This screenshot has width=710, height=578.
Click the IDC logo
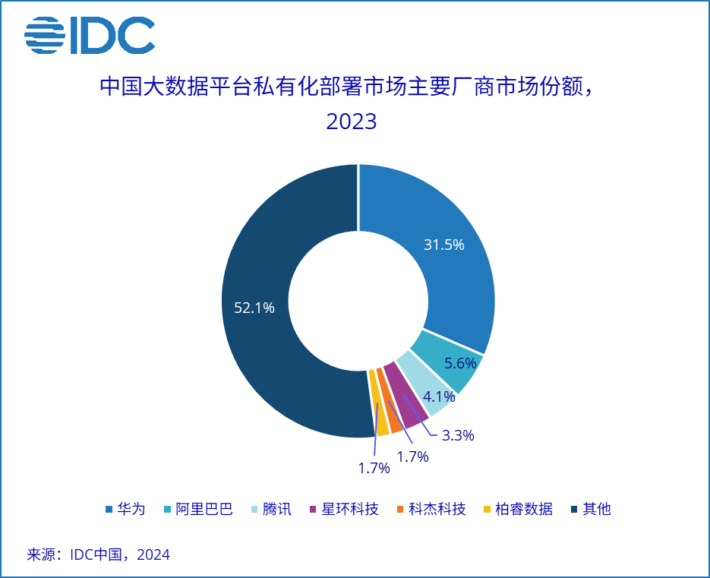[90, 35]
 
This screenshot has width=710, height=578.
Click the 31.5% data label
[444, 245]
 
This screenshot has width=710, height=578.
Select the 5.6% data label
[459, 363]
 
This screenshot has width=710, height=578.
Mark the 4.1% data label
[439, 396]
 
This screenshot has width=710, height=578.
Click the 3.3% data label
[458, 435]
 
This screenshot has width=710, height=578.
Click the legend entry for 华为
[125, 509]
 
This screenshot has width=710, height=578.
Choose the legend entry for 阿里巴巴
[197, 509]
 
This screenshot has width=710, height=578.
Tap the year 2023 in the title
[352, 122]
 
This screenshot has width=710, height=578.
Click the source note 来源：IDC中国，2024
[99, 554]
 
